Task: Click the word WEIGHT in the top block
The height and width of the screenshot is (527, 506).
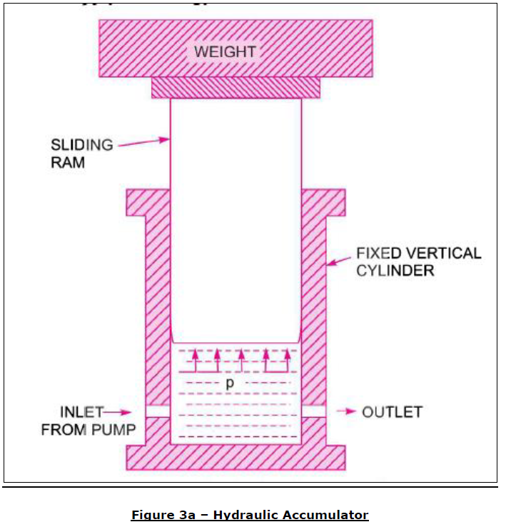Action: [x=225, y=51]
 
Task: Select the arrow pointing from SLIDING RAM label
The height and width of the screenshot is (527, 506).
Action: [x=143, y=143]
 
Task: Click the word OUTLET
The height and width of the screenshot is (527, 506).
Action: [x=392, y=412]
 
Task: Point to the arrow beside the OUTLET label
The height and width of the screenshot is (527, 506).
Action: [x=347, y=412]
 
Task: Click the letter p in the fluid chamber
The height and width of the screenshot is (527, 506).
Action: [x=230, y=384]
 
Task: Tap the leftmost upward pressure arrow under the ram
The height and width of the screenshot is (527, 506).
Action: [x=194, y=361]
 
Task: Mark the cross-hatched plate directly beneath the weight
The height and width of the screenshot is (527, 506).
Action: [x=236, y=88]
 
